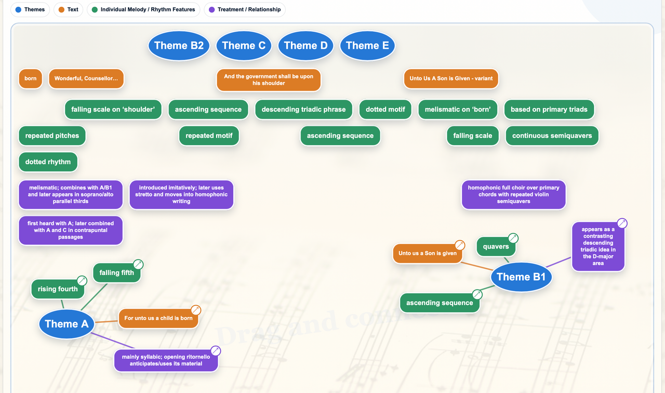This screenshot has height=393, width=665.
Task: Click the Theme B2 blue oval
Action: (x=179, y=45)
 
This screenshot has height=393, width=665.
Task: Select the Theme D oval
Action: (x=305, y=45)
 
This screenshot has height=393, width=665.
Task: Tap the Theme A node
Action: (x=66, y=324)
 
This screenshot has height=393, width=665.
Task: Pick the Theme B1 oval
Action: (x=521, y=277)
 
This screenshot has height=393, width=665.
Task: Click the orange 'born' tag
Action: (x=30, y=78)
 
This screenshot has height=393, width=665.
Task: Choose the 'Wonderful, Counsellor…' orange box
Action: (x=86, y=78)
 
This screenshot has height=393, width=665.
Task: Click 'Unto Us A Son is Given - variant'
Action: (x=451, y=78)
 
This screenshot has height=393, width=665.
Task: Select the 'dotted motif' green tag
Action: (x=385, y=109)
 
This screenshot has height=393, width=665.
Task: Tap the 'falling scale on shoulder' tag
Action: (x=113, y=109)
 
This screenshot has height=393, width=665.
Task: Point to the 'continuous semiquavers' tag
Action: (x=552, y=136)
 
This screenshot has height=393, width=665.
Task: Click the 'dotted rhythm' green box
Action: (x=48, y=162)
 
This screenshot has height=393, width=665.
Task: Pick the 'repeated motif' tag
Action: (x=209, y=136)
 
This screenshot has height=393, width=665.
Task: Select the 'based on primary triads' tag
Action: (x=549, y=109)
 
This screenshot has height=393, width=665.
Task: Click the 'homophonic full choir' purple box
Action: (x=514, y=194)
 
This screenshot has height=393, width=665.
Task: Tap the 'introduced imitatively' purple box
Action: (x=181, y=194)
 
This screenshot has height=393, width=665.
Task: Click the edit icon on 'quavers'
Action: (x=513, y=238)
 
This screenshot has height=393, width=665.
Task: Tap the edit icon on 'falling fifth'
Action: (x=138, y=264)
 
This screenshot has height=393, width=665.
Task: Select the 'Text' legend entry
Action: (x=68, y=9)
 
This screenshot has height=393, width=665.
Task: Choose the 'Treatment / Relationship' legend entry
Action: (x=245, y=9)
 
